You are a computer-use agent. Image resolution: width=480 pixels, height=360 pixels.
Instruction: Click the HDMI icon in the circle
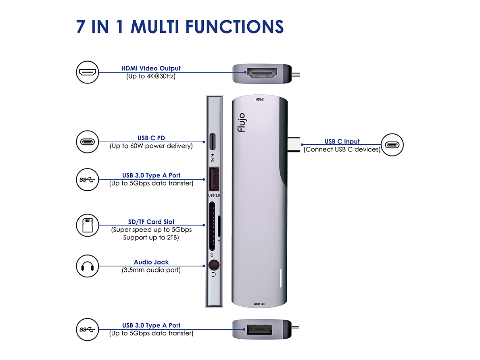[x=88, y=73]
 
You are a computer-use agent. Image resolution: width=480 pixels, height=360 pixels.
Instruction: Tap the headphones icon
[x=88, y=266]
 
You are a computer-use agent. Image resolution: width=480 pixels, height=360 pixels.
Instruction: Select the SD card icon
[x=88, y=225]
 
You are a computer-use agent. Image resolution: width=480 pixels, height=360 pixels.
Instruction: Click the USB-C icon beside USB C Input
[x=392, y=145]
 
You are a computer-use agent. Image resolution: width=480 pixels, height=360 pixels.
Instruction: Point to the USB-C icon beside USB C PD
[x=88, y=142]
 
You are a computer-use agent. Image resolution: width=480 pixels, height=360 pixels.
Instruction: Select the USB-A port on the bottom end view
[x=258, y=331]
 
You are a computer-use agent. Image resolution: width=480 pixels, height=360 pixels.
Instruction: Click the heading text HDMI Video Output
[x=151, y=69]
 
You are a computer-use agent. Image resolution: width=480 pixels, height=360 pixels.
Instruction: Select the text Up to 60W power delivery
[x=151, y=146]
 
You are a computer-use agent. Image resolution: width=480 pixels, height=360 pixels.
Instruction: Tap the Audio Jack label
[x=151, y=262]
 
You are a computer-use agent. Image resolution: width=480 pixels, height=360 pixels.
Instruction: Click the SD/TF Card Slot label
[x=151, y=222]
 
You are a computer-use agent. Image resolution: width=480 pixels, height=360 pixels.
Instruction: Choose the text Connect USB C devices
[x=342, y=149]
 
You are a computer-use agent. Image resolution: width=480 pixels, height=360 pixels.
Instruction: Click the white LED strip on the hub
[x=281, y=278]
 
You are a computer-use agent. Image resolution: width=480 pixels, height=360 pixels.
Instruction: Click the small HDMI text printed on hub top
[x=259, y=99]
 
